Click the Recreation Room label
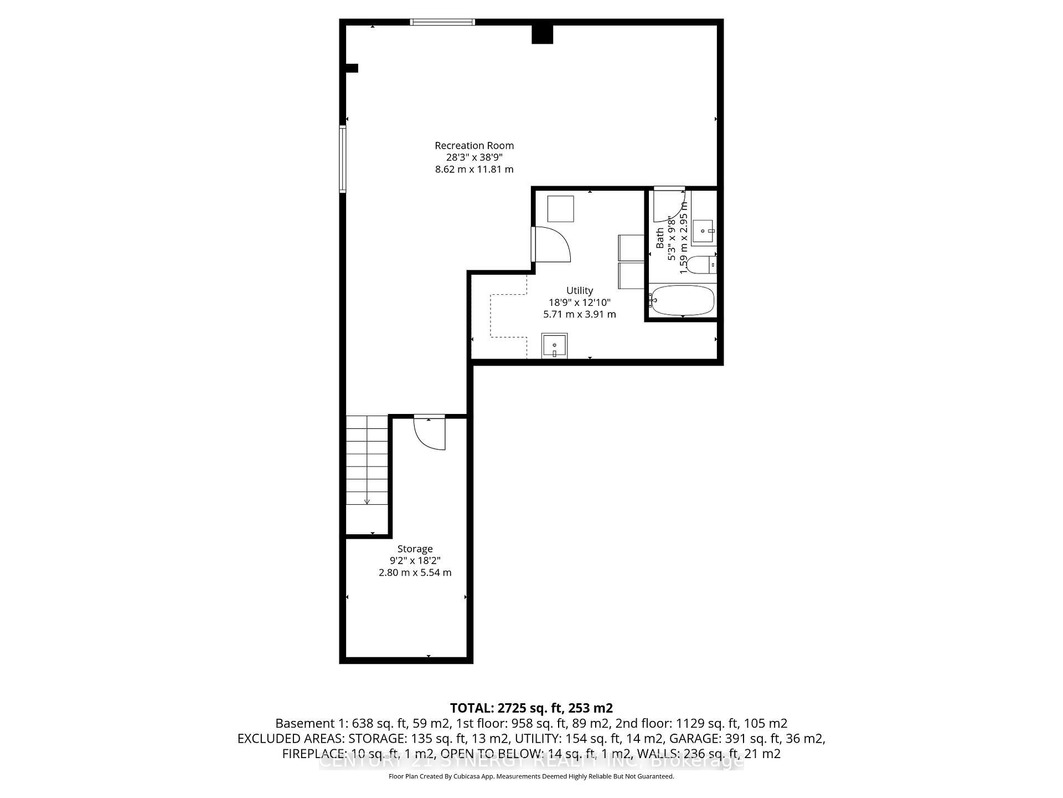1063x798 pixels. point(474,146)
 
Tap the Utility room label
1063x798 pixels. point(579,290)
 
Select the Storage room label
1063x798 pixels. point(415,549)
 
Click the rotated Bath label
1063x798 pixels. point(660,238)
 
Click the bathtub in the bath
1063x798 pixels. point(683,300)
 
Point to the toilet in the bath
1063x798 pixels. point(704,265)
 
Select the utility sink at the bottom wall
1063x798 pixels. point(554,346)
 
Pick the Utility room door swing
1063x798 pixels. point(551,244)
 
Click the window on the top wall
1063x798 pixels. point(442,22)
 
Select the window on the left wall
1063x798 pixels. point(343,159)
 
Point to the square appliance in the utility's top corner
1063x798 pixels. point(560,208)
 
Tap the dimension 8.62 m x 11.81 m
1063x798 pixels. point(474,170)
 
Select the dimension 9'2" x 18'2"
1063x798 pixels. point(415,561)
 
